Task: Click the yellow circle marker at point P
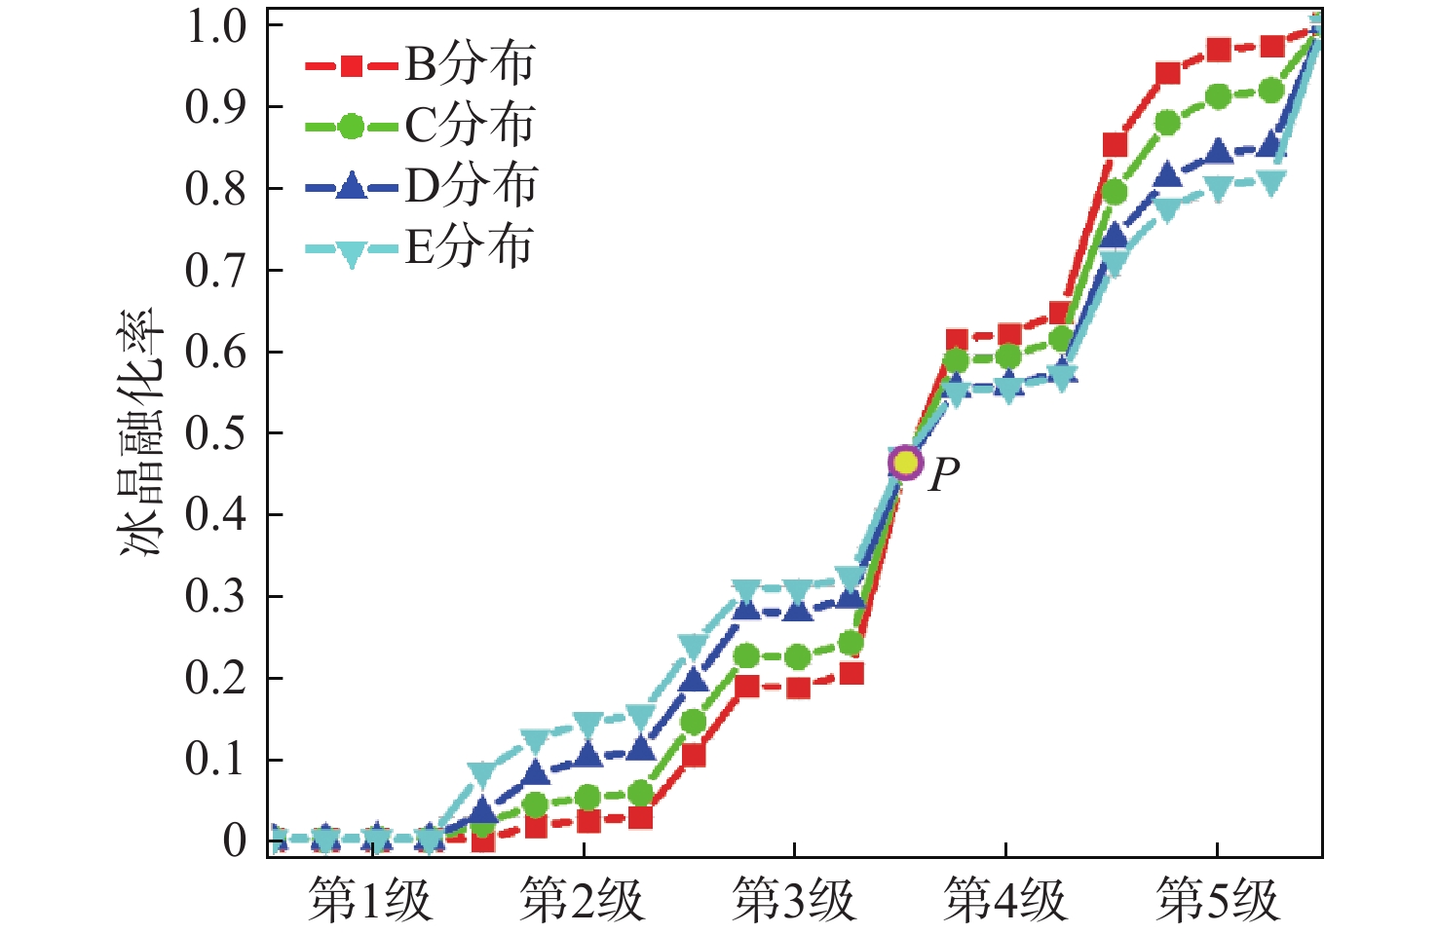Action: click(905, 463)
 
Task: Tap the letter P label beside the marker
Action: click(944, 475)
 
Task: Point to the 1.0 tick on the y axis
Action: click(217, 25)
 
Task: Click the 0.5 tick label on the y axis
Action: click(217, 433)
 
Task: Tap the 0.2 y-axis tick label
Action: click(217, 678)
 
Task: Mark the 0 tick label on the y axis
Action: click(235, 841)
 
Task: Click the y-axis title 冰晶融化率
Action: click(142, 433)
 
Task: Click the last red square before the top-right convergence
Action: click(1271, 47)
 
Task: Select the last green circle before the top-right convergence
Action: click(1271, 91)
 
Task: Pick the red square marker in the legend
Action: click(352, 66)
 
